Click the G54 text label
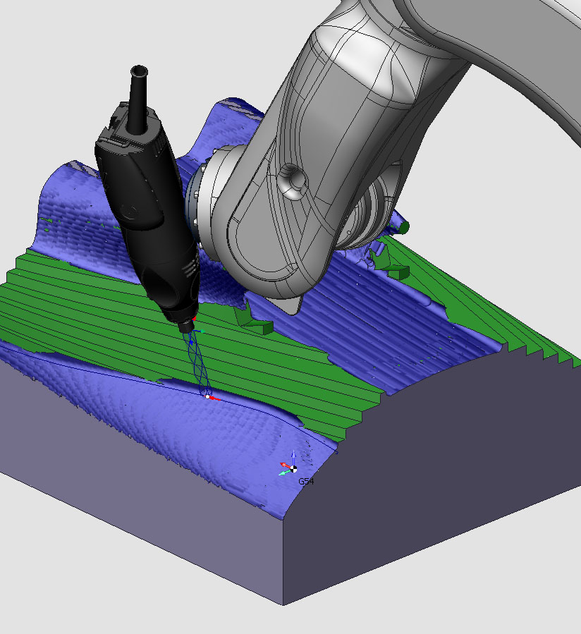(306, 481)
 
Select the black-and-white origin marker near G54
(293, 469)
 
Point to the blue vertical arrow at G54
(293, 459)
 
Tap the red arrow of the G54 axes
(286, 465)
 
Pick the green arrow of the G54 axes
(285, 473)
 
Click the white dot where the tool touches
(208, 396)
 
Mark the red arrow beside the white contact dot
(214, 398)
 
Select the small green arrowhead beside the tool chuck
(202, 331)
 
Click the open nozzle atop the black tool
(139, 71)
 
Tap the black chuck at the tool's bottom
(186, 326)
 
